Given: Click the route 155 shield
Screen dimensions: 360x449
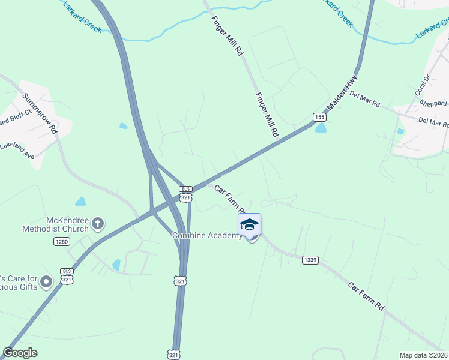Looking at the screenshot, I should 319,116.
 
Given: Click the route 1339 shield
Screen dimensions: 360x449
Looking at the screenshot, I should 310,260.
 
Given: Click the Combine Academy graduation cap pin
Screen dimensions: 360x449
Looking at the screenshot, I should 249,226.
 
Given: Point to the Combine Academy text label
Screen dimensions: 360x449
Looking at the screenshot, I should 207,235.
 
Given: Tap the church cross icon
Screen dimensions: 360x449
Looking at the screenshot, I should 97,224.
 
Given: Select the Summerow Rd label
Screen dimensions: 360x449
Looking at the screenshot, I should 40,113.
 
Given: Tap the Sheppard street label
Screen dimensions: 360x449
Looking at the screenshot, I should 433,103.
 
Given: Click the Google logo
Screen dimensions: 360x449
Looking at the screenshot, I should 20,353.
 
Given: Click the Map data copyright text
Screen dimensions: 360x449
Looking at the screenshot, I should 424,355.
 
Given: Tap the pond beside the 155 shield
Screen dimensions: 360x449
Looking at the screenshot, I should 321,128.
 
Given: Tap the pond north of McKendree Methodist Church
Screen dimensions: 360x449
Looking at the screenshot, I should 80,202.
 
